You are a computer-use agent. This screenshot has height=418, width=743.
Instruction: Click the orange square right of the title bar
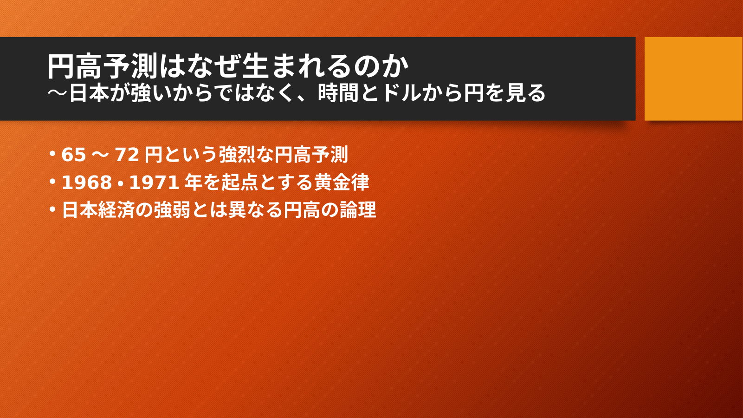coord(693,78)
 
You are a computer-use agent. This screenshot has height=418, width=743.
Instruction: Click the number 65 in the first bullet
coord(74,155)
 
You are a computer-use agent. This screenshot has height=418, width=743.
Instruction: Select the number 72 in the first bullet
coord(127,155)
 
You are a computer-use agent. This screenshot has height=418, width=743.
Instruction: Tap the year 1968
coord(87,183)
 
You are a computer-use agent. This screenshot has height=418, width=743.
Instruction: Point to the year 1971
coord(154,183)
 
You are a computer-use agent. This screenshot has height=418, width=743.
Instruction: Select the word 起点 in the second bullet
coord(240,183)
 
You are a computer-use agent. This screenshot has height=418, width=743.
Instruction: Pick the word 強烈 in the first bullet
coord(237,155)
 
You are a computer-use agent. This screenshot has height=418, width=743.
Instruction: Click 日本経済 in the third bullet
coord(98,210)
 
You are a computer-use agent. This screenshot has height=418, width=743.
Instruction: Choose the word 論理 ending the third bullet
coord(358,210)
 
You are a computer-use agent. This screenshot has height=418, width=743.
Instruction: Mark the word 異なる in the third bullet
coord(255,210)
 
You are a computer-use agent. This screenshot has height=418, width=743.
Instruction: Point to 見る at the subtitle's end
coord(525,93)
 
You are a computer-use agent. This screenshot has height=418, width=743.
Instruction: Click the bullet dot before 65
coord(52,154)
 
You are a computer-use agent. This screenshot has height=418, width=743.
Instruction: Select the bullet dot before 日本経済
coord(52,209)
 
